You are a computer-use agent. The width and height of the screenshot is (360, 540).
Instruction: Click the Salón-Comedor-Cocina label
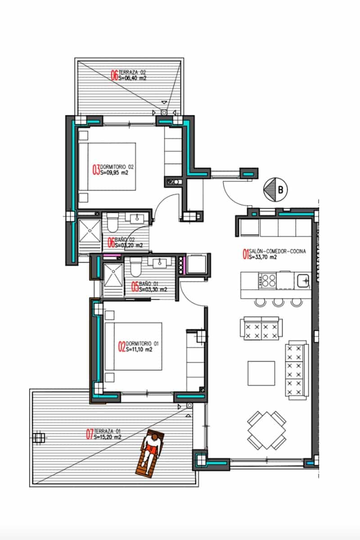[x=274, y=255]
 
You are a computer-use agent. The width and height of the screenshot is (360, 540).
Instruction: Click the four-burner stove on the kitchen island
[x=267, y=281]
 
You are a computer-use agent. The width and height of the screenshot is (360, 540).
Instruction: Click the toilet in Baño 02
[x=112, y=222]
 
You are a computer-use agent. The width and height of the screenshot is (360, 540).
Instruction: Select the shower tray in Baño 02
[x=90, y=231]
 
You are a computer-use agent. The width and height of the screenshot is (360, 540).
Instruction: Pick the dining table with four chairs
[x=267, y=428]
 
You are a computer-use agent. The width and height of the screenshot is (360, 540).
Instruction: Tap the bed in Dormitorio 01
[x=133, y=346]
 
